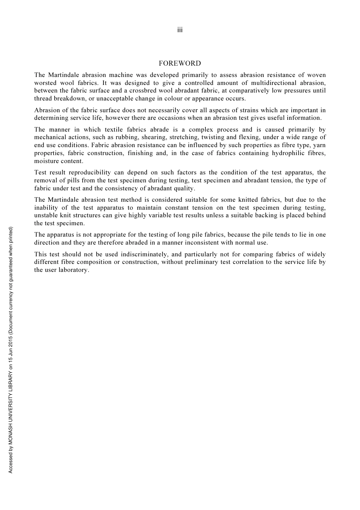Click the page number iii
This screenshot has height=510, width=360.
tap(180, 30)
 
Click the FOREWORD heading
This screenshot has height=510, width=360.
tap(180, 63)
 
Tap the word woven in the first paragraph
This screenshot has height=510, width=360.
tap(316, 75)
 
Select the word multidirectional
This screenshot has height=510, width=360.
tap(273, 83)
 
